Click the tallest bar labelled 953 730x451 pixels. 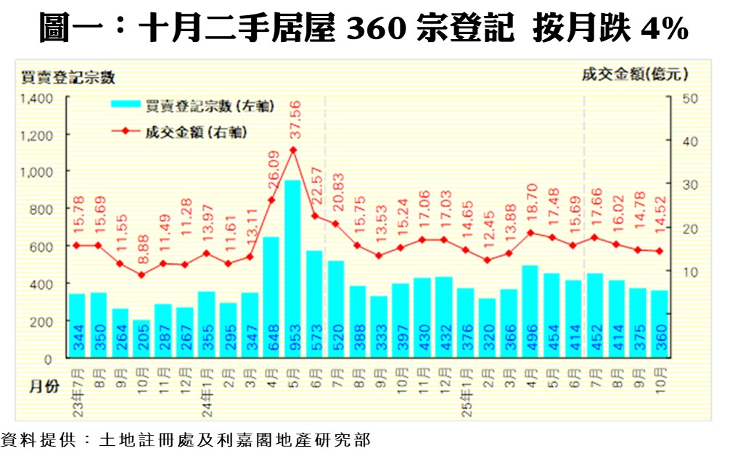293,268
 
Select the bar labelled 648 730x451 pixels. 271,297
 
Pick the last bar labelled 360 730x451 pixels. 660,323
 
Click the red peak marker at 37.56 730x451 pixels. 293,150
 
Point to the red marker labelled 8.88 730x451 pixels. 142,275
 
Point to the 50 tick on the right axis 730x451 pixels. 690,98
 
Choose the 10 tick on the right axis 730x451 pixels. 690,272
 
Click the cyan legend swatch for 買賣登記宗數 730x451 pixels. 127,106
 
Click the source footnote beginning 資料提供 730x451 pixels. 185,439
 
